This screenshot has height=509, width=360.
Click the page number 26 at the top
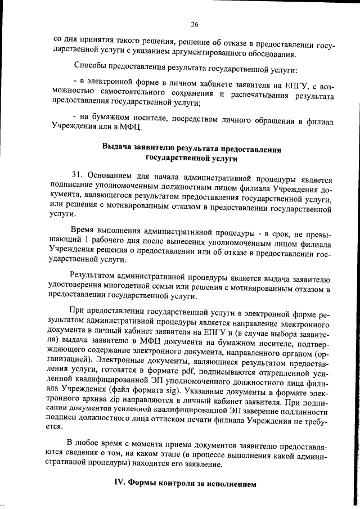pos(195,24)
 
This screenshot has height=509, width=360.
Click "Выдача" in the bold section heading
pos(116,148)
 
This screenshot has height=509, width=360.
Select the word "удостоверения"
pos(75,286)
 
